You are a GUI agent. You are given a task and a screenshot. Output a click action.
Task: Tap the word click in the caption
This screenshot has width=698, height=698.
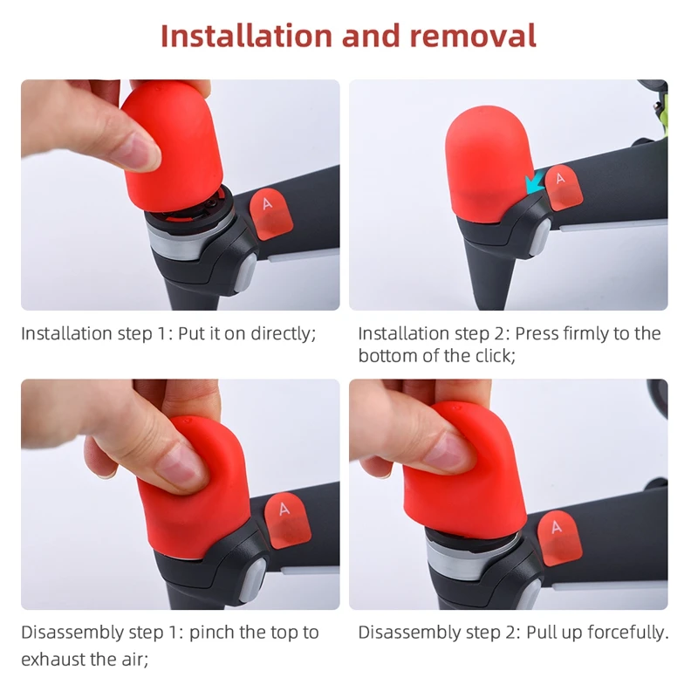(x=471, y=356)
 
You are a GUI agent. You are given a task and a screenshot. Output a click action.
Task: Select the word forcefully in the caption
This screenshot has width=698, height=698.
(x=622, y=633)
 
